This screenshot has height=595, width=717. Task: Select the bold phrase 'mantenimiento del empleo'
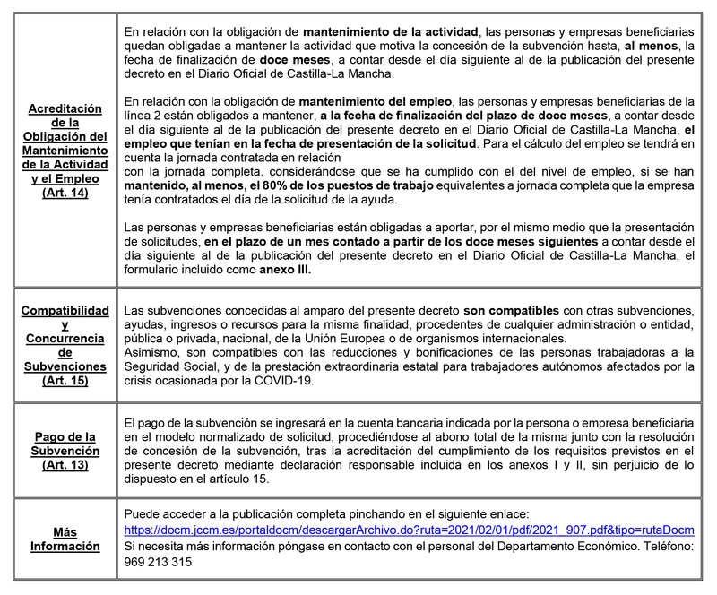pyautogui.click(x=375, y=100)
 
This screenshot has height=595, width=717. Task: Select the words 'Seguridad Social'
pyautogui.click(x=168, y=366)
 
